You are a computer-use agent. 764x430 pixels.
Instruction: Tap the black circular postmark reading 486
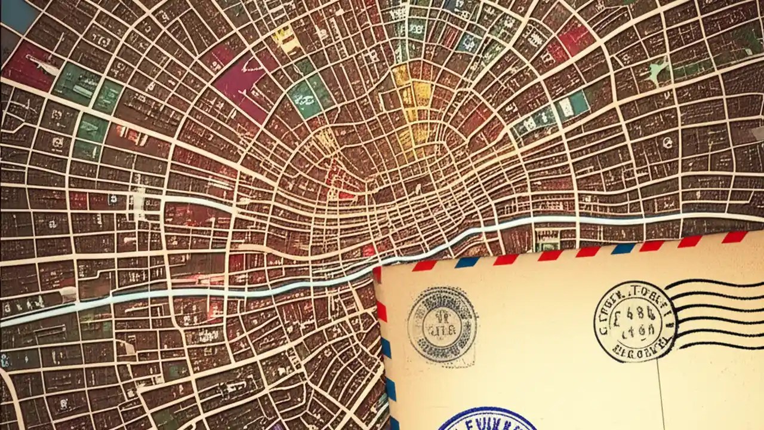pyautogui.click(x=634, y=321)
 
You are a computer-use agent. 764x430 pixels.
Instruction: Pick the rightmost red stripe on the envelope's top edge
pyautogui.click(x=734, y=237)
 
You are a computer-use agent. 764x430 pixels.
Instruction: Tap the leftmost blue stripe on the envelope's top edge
pyautogui.click(x=467, y=262)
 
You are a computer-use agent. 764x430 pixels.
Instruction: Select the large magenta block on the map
pyautogui.click(x=239, y=84)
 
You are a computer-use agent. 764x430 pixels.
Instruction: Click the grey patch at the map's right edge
pyautogui.click(x=756, y=134)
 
